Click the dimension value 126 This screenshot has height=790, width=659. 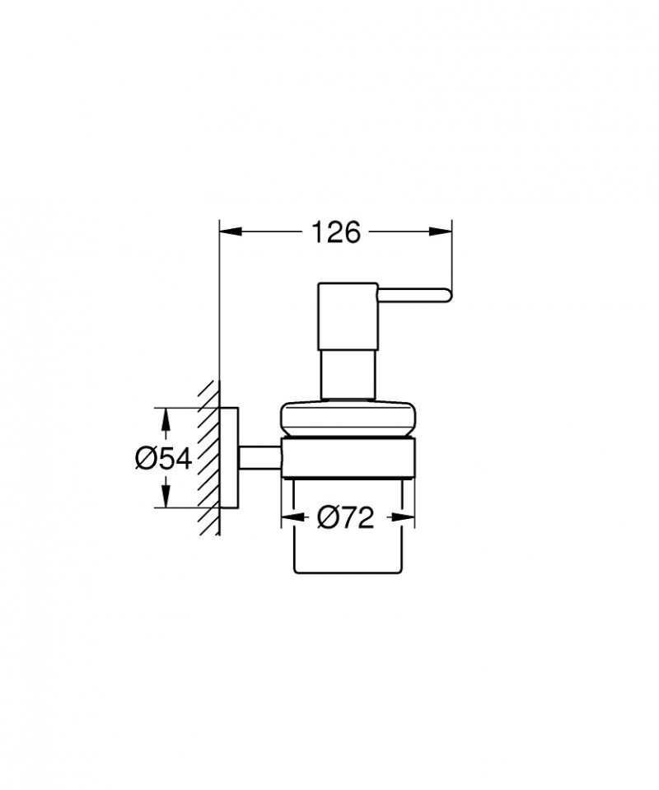click(x=335, y=233)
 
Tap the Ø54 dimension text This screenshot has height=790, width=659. click(x=163, y=458)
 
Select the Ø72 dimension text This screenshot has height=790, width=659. click(x=345, y=517)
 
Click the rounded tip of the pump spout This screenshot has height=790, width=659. click(x=446, y=295)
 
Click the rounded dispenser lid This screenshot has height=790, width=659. click(x=347, y=418)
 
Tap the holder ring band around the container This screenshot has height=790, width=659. click(x=347, y=458)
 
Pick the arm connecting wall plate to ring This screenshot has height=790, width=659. click(x=259, y=458)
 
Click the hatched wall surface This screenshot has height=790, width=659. click(x=208, y=458)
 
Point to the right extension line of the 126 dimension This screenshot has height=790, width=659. click(x=451, y=255)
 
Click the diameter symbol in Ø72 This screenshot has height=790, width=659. click(x=326, y=517)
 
